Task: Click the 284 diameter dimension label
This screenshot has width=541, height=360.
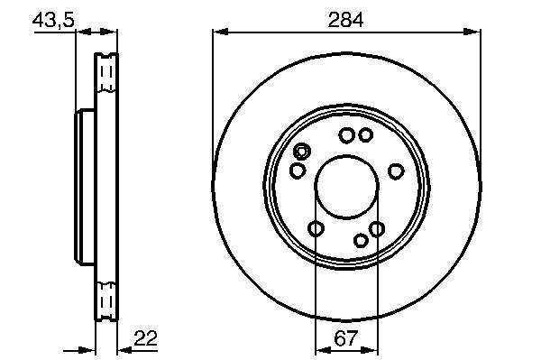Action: pos(345,20)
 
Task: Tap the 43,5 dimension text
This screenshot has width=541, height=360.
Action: pos(53,21)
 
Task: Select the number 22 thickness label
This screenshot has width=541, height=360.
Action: pos(145,338)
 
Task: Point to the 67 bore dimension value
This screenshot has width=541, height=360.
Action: pos(345,338)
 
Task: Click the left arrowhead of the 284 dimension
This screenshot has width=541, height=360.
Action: pos(221,32)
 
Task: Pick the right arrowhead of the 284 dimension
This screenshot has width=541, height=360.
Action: pos(472,32)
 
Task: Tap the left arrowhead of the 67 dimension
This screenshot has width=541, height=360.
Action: pos(324,351)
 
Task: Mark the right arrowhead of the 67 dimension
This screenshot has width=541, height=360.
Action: pos(371,351)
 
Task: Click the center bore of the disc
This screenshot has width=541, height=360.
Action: pos(347,187)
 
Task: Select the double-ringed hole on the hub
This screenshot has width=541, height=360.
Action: pos(301,152)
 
